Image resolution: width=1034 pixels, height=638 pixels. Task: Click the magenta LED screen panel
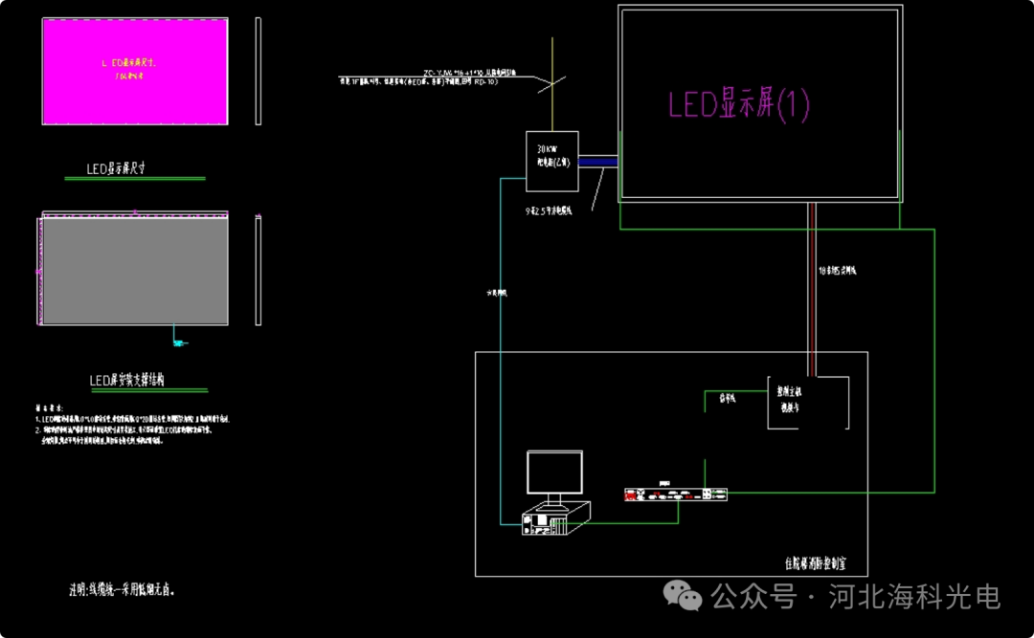pyautogui.click(x=134, y=71)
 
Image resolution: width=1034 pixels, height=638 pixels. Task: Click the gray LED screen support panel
pyautogui.click(x=134, y=271)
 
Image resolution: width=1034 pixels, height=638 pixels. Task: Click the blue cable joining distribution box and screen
pyautogui.click(x=598, y=162)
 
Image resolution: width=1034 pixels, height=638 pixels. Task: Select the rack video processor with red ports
pyautogui.click(x=676, y=495)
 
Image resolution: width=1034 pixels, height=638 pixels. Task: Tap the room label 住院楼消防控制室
pyautogui.click(x=821, y=564)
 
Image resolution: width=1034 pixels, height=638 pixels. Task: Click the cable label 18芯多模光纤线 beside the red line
pyautogui.click(x=838, y=271)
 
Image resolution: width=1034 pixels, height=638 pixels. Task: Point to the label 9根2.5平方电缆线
pyautogui.click(x=549, y=209)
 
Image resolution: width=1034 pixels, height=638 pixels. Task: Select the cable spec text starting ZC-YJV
pyautogui.click(x=469, y=72)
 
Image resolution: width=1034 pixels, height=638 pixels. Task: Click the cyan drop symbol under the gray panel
pyautogui.click(x=178, y=341)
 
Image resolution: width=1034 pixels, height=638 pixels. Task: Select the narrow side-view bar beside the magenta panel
pyautogui.click(x=258, y=71)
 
